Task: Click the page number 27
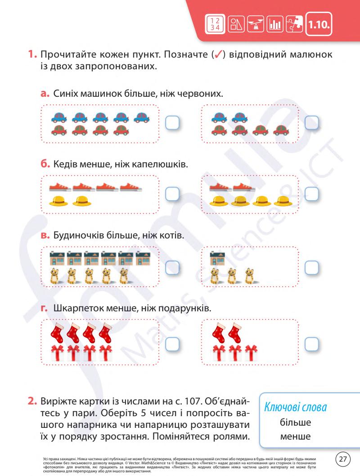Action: tap(344, 459)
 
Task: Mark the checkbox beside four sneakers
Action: tap(172, 193)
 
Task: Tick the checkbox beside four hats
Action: tap(312, 193)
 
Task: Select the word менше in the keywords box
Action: tap(295, 436)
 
